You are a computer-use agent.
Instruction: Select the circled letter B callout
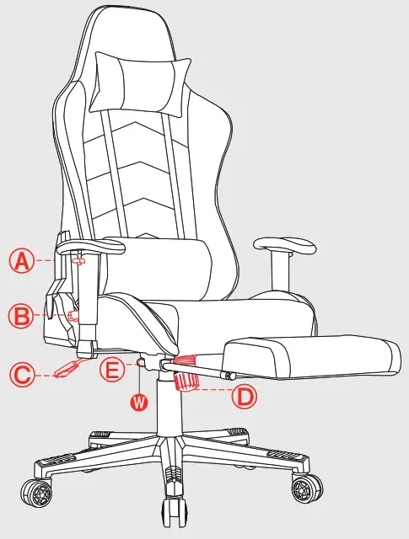(21, 317)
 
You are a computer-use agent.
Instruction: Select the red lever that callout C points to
(66, 369)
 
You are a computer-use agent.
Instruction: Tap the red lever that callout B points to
(73, 316)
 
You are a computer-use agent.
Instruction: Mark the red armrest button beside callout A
(80, 260)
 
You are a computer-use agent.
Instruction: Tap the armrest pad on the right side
(288, 245)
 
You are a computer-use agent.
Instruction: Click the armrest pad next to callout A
(91, 246)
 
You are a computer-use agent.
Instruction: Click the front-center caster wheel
(172, 508)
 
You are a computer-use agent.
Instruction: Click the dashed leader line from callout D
(215, 391)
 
